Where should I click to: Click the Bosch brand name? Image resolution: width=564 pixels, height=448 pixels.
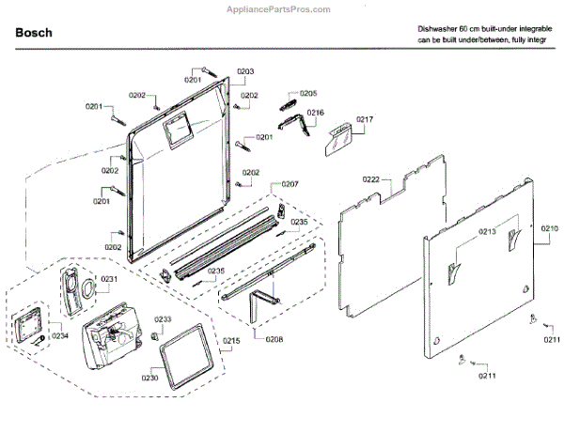35,33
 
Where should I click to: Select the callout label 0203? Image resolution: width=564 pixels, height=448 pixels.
245,71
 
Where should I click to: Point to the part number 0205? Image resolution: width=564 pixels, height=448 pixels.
308,93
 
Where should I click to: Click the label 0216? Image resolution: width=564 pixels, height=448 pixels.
315,113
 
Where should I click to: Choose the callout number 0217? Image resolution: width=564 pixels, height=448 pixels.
365,119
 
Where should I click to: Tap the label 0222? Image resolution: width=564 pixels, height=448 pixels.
370,178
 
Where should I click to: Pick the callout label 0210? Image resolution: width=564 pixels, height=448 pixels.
549,228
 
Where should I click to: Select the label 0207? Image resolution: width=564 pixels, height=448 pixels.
290,183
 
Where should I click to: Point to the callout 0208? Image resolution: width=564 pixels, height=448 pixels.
274,338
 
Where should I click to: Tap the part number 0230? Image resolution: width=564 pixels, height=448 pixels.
149,378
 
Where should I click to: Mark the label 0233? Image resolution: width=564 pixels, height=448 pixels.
163,319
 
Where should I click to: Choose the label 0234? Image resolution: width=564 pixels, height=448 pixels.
60,336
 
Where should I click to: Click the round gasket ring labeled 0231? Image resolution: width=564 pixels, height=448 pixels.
85,286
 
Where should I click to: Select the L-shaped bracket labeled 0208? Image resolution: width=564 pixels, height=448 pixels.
259,306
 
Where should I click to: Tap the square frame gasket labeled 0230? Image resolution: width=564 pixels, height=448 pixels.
186,356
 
